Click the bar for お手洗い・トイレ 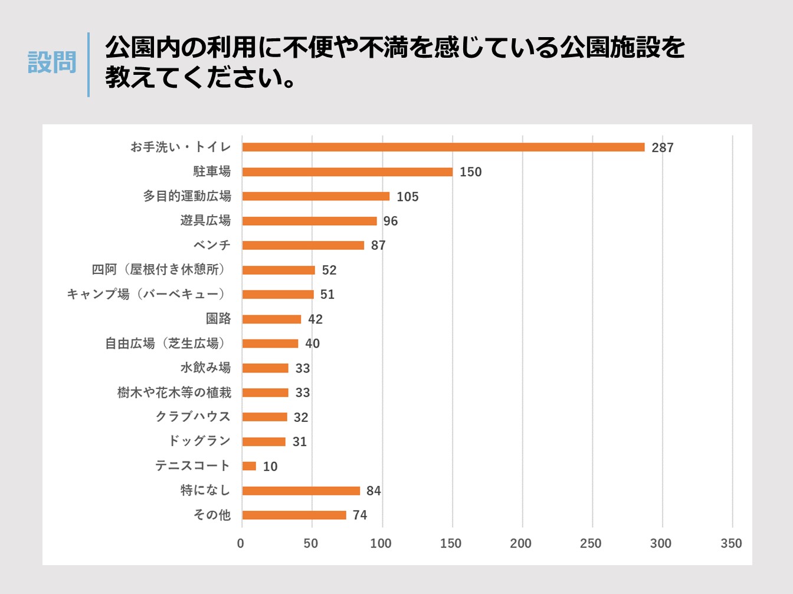[x=443, y=147]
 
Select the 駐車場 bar [x=347, y=172]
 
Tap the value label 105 [x=408, y=197]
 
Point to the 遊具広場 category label [x=205, y=220]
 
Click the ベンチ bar [x=303, y=245]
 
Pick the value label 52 [x=329, y=270]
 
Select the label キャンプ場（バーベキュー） [x=146, y=294]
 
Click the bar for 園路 [x=271, y=319]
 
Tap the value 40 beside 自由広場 [x=312, y=344]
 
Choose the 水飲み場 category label [x=205, y=368]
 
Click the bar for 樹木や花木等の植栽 [x=265, y=392]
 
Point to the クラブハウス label [x=193, y=417]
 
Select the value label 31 [x=300, y=442]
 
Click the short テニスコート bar [x=249, y=466]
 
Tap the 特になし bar [x=301, y=491]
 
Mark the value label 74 [x=360, y=515]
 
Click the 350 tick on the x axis [x=731, y=543]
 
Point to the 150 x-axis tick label [x=451, y=543]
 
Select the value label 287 [x=663, y=148]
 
